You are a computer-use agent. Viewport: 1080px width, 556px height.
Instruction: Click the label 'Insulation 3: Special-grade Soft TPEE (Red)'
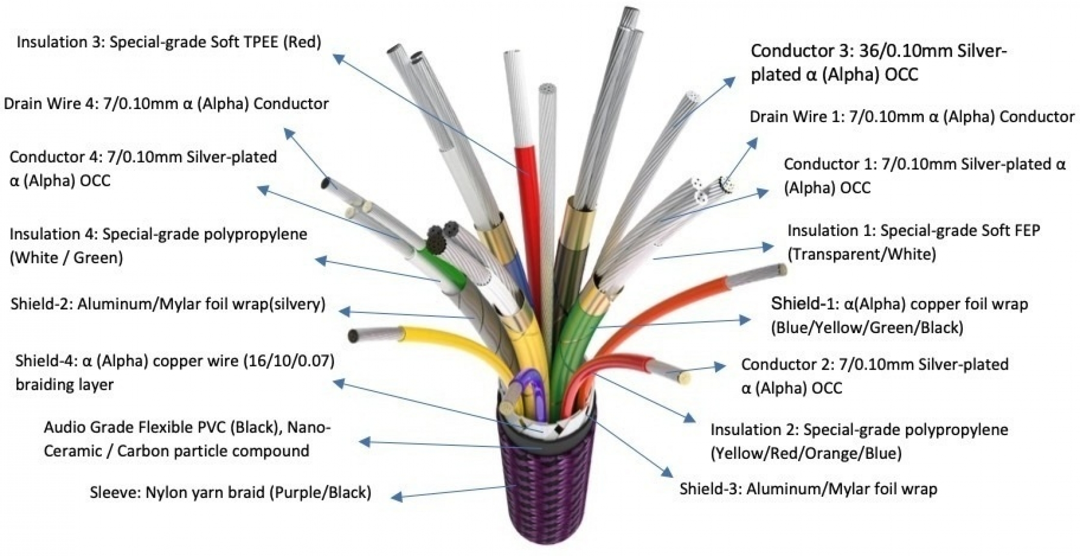[169, 42]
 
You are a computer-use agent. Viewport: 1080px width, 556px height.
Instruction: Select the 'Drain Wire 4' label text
[166, 104]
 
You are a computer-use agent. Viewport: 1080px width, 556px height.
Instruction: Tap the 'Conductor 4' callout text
[143, 169]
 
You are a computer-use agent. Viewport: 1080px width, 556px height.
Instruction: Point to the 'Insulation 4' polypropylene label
[158, 246]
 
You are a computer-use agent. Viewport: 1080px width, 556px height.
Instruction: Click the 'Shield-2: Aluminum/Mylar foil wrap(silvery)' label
[168, 304]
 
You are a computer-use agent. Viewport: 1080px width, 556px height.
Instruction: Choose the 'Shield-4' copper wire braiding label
[175, 372]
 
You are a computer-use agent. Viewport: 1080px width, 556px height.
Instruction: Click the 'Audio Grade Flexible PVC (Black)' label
[187, 439]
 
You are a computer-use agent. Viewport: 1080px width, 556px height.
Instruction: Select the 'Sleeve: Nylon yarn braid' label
[230, 493]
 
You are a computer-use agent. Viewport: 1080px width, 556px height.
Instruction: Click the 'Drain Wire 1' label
[912, 117]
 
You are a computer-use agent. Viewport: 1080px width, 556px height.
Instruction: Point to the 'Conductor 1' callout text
[925, 176]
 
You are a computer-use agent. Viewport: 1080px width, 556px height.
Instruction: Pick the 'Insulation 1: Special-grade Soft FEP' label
[913, 242]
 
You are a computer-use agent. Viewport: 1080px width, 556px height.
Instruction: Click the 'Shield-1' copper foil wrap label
[899, 315]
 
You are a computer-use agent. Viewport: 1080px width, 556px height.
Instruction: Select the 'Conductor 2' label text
[875, 376]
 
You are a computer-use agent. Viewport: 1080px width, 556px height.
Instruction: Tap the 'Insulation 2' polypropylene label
[859, 441]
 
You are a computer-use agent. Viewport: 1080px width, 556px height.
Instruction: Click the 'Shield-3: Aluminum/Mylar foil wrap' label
[808, 489]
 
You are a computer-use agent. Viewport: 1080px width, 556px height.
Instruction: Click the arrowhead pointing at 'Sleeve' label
[398, 497]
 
